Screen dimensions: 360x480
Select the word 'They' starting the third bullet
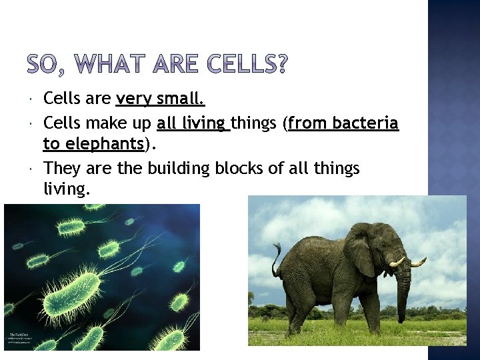(61, 169)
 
